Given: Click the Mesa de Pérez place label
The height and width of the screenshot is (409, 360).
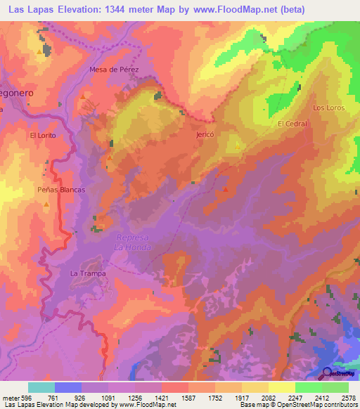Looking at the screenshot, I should (115, 70).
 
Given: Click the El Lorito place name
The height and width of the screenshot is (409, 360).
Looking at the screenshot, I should (42, 134).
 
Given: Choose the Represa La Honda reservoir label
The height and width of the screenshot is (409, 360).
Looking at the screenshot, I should (133, 242).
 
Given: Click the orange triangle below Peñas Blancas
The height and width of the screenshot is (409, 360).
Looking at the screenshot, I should (46, 204).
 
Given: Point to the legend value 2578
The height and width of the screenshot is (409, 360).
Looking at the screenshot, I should (348, 397).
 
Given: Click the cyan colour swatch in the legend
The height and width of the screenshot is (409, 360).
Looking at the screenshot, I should (41, 387).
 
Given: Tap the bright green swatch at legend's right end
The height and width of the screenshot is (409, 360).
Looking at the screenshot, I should (335, 387).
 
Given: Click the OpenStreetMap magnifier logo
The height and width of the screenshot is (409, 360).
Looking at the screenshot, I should (328, 374).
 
